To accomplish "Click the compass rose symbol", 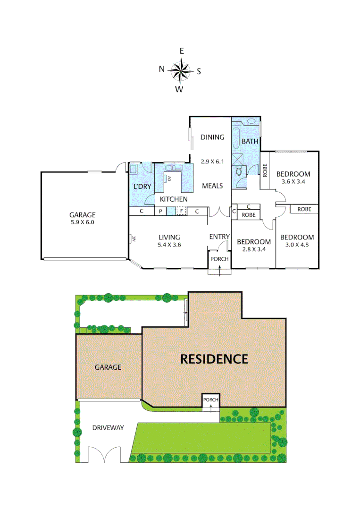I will point(180,71).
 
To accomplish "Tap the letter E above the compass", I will point(182,51).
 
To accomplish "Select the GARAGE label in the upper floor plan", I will point(83,214).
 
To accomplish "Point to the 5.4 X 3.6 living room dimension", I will point(168,245).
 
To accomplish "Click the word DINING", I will point(212,137).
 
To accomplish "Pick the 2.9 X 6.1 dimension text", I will point(212,161).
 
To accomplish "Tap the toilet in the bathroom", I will point(239,171).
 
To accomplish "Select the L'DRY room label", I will point(142,187).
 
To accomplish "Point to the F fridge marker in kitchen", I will point(181,211).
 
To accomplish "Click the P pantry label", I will point(161,211).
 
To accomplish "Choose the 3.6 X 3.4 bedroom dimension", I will point(293,181).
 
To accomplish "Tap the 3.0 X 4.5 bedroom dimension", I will point(297,245).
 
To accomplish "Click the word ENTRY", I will point(219,237).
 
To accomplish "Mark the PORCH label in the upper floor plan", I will point(219,259).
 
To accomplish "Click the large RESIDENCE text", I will point(214,359).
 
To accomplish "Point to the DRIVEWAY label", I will point(108,428).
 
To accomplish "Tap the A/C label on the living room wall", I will point(134,239).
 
